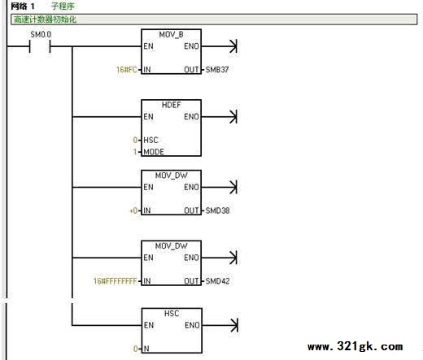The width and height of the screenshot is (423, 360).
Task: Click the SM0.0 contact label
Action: [41, 34]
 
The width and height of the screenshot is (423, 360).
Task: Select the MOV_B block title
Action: [171, 35]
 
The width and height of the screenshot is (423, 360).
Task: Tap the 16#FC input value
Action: [127, 70]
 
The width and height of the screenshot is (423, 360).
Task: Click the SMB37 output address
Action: [217, 70]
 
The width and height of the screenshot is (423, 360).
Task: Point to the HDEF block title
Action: [171, 105]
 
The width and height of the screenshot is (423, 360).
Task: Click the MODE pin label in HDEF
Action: [154, 152]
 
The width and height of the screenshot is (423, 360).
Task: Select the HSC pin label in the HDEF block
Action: [150, 140]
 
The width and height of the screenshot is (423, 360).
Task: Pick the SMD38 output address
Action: [217, 210]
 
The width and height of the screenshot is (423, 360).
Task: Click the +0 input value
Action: [133, 210]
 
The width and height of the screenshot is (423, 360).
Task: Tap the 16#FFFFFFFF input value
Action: [116, 281]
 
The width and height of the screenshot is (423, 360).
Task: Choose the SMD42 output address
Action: [217, 281]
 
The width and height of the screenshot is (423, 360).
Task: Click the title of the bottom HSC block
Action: [172, 314]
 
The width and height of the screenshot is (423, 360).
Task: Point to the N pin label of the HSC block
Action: [146, 349]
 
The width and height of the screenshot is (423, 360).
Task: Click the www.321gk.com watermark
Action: [355, 346]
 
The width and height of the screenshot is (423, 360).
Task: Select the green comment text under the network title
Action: [45, 20]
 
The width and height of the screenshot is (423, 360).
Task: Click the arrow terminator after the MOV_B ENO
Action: [233, 46]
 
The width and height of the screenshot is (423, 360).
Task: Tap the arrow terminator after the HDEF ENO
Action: [233, 116]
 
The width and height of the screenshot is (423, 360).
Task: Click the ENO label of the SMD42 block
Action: [191, 258]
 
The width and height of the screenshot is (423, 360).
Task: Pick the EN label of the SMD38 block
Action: [148, 187]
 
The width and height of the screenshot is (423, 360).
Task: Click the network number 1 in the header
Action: [33, 7]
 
